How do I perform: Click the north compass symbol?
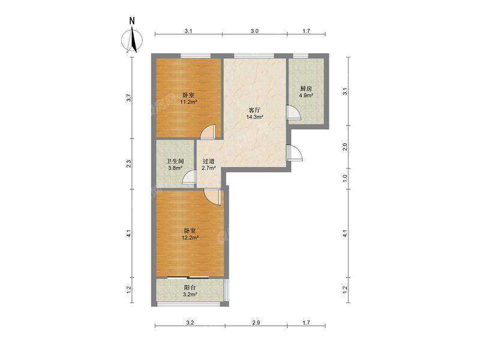(132, 40)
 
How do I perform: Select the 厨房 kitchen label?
(306, 89)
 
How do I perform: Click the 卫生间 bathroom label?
(175, 161)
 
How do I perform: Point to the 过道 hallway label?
(208, 161)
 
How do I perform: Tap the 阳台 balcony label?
(189, 287)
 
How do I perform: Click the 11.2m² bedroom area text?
(188, 102)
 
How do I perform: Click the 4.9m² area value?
(306, 95)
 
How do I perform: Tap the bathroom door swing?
(190, 176)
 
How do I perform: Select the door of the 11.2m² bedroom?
(208, 131)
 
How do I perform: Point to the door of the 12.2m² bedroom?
(211, 195)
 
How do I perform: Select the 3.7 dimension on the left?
(130, 98)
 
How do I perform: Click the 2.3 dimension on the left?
(130, 163)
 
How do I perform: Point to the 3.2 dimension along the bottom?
(190, 323)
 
